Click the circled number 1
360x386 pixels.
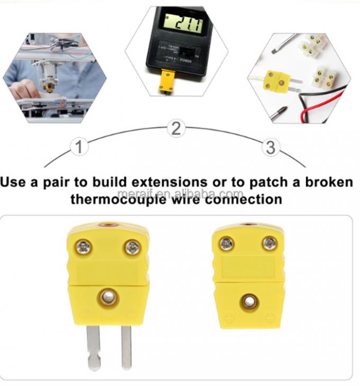tap(79, 146)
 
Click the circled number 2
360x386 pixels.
tap(177, 127)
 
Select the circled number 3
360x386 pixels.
tap(271, 147)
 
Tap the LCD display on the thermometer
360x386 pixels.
tap(183, 24)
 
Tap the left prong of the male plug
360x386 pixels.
tap(94, 347)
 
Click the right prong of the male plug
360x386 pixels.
tap(126, 347)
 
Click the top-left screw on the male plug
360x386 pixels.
tap(85, 246)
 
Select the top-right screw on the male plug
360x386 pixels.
tap(132, 246)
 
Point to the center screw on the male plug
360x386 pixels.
tap(108, 298)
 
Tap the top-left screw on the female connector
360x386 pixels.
tap(227, 243)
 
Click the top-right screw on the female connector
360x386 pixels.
tap(269, 243)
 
